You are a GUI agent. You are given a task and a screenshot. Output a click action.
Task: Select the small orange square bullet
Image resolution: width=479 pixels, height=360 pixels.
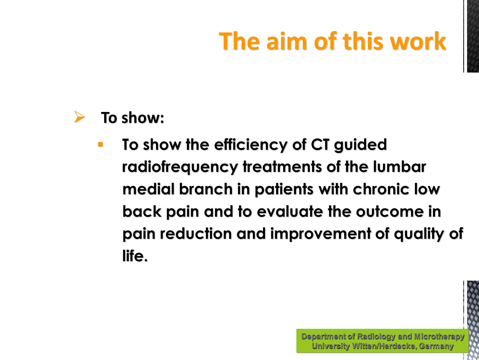click(100, 145)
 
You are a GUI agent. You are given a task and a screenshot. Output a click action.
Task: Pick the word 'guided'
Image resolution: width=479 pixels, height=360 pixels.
click(360, 145)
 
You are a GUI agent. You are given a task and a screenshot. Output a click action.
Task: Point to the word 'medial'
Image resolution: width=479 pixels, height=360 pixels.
click(148, 189)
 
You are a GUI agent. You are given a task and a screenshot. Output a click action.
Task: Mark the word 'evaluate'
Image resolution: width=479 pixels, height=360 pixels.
click(290, 211)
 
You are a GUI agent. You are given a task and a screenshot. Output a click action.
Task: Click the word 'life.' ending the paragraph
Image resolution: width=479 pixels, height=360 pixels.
click(135, 256)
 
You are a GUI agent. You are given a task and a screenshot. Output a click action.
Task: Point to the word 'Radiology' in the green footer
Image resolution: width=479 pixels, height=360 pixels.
click(376, 336)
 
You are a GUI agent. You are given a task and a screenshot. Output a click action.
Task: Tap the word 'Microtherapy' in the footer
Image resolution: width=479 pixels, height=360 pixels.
click(439, 336)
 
